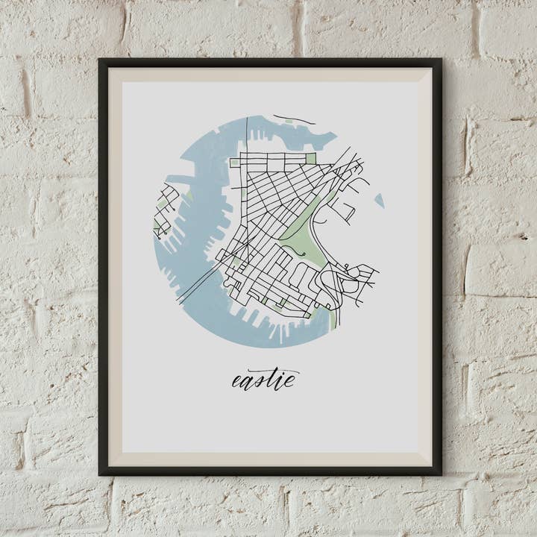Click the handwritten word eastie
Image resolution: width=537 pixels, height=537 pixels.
[x=264, y=380]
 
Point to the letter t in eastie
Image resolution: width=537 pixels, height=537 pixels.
[x=270, y=378]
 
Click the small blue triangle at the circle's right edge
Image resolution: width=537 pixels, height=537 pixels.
[x=380, y=200]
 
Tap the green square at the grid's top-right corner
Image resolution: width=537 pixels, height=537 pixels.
[x=311, y=158]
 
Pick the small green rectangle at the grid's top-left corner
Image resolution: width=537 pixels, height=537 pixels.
[x=234, y=162]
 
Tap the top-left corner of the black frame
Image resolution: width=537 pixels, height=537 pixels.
[x=100, y=60]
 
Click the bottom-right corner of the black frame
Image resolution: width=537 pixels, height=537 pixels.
[x=440, y=474]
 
